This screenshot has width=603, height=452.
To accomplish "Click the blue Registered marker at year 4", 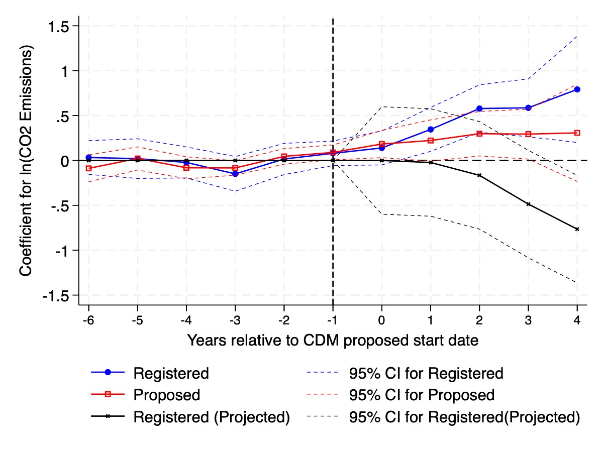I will click(x=577, y=89).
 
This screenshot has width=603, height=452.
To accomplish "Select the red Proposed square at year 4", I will click(x=577, y=133).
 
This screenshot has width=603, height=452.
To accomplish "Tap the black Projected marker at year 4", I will click(x=577, y=229).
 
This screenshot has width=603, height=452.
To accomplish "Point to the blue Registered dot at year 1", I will click(x=431, y=130).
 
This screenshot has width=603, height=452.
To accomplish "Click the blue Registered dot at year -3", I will click(x=235, y=174).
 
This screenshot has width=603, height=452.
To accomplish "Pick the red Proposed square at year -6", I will click(x=89, y=169).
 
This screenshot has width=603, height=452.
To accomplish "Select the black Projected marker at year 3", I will click(x=528, y=204).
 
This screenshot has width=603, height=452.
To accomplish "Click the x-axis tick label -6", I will click(x=89, y=319).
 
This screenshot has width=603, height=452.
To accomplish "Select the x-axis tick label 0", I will click(x=382, y=319).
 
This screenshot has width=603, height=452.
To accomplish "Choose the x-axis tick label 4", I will click(x=577, y=319).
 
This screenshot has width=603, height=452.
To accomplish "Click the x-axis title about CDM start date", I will click(x=332, y=341).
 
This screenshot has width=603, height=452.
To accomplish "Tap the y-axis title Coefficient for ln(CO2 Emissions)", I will click(x=27, y=161).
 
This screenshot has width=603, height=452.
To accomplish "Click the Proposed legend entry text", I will click(x=166, y=395).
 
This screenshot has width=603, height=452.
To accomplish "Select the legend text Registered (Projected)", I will click(x=211, y=417).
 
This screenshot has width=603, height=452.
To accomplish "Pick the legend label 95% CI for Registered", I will click(x=426, y=373).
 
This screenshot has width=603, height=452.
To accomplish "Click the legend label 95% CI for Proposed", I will click(x=422, y=395).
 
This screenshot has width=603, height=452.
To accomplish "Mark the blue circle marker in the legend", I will click(x=107, y=373).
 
